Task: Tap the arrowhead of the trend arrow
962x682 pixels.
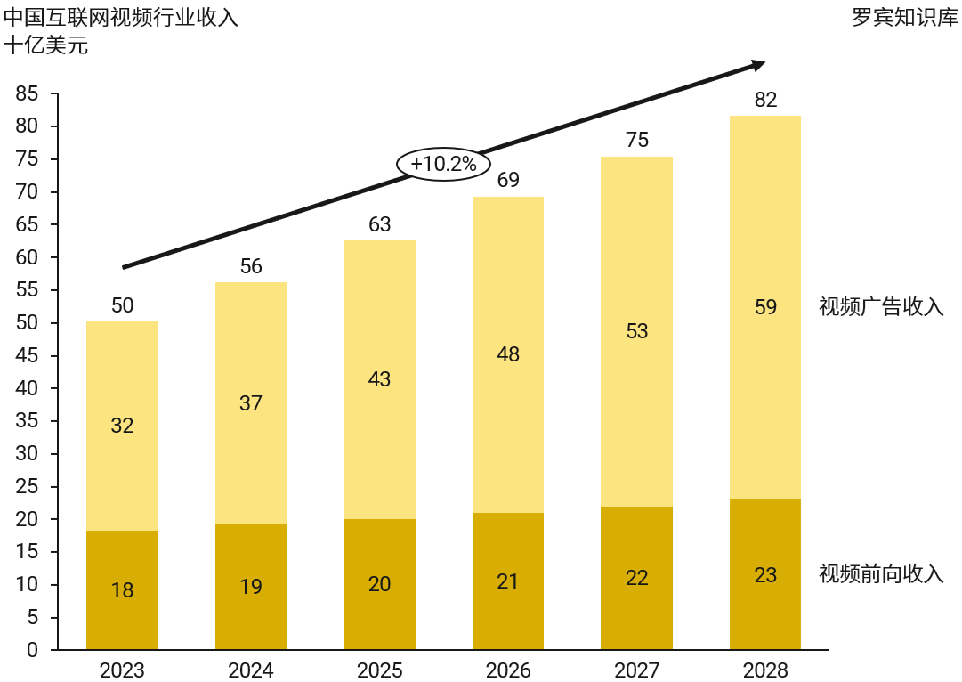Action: coord(758,64)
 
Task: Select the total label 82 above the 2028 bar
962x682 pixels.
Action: coord(765,100)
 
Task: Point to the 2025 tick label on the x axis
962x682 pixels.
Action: coord(380,670)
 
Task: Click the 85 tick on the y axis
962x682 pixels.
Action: coord(27,93)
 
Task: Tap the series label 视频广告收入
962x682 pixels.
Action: coord(881,307)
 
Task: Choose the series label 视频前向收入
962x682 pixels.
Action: coord(881,573)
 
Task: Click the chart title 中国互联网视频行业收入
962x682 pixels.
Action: coord(121,18)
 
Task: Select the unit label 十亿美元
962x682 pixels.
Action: coord(46,45)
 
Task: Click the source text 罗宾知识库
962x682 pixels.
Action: coord(905,18)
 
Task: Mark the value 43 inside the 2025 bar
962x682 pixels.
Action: coord(380,379)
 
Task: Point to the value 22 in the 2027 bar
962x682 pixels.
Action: coord(637,578)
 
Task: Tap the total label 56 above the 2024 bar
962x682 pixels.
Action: coord(251,266)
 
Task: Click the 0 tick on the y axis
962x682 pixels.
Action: coord(33,650)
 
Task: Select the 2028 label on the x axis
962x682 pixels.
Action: coord(765,670)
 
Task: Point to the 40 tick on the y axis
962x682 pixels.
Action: coord(27,388)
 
